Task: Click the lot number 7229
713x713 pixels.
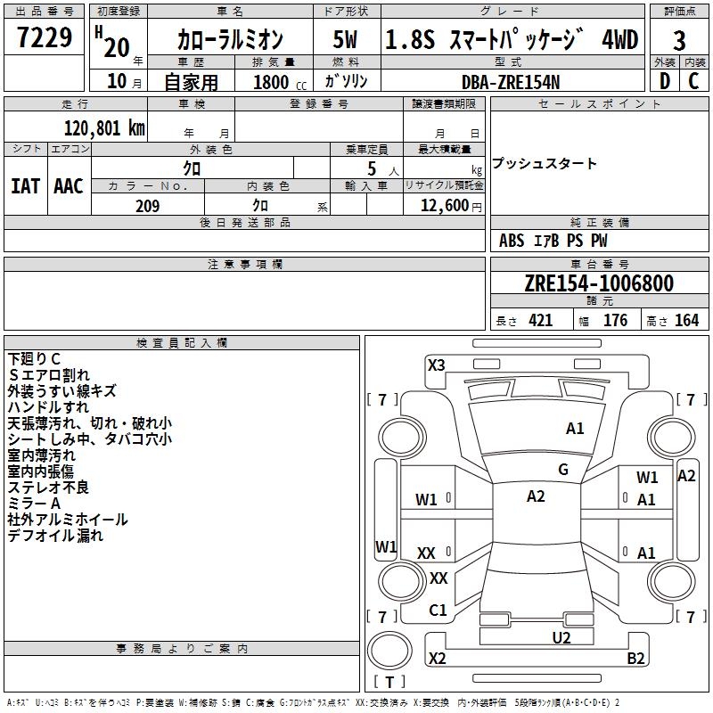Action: [44, 38]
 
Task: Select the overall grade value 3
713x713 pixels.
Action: [679, 40]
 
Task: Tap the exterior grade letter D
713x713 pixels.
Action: [664, 81]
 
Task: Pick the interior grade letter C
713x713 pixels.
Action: [693, 81]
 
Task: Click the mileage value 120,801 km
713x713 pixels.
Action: [104, 127]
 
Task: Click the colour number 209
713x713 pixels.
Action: [147, 206]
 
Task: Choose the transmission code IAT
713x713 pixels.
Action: [25, 186]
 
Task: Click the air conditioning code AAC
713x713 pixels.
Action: [69, 186]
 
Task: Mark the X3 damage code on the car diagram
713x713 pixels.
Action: [437, 365]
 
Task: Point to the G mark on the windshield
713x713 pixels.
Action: [562, 470]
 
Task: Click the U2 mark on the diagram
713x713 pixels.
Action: [561, 636]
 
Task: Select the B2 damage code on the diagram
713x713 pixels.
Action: [635, 659]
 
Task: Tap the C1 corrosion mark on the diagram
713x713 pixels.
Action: [438, 611]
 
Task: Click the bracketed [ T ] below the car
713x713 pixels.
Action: [389, 682]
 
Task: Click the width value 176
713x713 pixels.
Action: [615, 321]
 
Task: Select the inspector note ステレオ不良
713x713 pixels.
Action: [48, 488]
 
